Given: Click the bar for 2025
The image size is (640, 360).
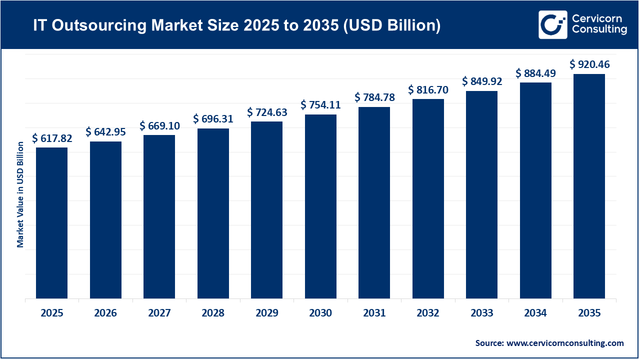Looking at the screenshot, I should tap(51, 223).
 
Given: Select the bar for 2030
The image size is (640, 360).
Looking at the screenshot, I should tap(320, 206).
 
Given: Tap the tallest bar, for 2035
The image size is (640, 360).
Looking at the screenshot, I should tap(589, 186).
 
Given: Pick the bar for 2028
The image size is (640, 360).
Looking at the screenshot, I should tap(213, 213).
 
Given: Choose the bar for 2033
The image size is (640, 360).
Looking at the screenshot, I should tap(481, 194).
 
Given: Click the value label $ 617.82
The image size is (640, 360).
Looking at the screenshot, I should tap(52, 138).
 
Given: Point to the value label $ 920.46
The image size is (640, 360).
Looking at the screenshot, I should tap(589, 64).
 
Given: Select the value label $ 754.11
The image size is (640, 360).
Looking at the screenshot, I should tap(320, 105).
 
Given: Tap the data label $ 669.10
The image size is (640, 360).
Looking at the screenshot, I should tap(159, 125).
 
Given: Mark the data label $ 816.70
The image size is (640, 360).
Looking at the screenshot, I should tap(428, 90).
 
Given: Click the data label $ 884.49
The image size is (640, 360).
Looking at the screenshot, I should tap(535, 73).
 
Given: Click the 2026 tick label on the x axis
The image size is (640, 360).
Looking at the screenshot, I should tap(105, 313).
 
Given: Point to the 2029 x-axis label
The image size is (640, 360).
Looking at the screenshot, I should tap(266, 313).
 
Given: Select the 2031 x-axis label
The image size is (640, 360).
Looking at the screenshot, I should tap(374, 313).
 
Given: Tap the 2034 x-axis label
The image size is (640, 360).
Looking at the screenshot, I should tap(535, 313).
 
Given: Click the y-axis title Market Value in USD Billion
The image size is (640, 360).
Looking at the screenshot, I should tap(20, 194).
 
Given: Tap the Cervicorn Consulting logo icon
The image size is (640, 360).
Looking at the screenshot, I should tap(552, 24).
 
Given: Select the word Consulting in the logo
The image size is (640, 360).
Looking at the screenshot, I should tap(598, 30).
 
